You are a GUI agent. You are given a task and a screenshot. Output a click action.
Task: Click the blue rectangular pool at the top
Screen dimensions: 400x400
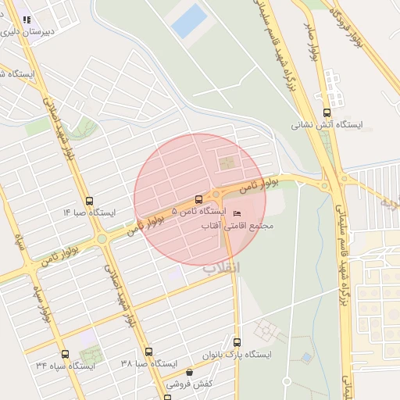click(x=189, y=21)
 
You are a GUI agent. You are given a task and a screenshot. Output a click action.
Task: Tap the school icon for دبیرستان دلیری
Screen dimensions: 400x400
click(x=27, y=20)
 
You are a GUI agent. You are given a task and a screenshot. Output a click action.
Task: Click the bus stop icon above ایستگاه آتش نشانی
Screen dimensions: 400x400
click(x=327, y=112)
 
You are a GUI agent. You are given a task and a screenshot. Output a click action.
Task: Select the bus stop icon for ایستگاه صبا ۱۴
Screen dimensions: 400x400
click(x=89, y=201)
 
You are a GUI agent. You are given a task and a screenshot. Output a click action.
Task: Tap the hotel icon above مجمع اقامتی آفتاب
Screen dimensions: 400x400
click(x=237, y=213)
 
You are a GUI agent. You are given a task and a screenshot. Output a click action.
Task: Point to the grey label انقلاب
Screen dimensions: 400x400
click(x=223, y=267)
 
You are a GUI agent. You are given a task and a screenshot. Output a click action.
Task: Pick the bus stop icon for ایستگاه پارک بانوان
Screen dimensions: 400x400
click(x=237, y=342)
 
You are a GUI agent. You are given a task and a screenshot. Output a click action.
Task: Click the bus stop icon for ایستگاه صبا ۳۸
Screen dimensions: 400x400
click(x=149, y=352)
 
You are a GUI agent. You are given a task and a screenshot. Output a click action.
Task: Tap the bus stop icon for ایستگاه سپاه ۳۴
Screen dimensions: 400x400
click(x=65, y=354)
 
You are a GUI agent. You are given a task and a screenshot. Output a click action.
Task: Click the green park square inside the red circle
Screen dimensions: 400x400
click(x=227, y=162)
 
